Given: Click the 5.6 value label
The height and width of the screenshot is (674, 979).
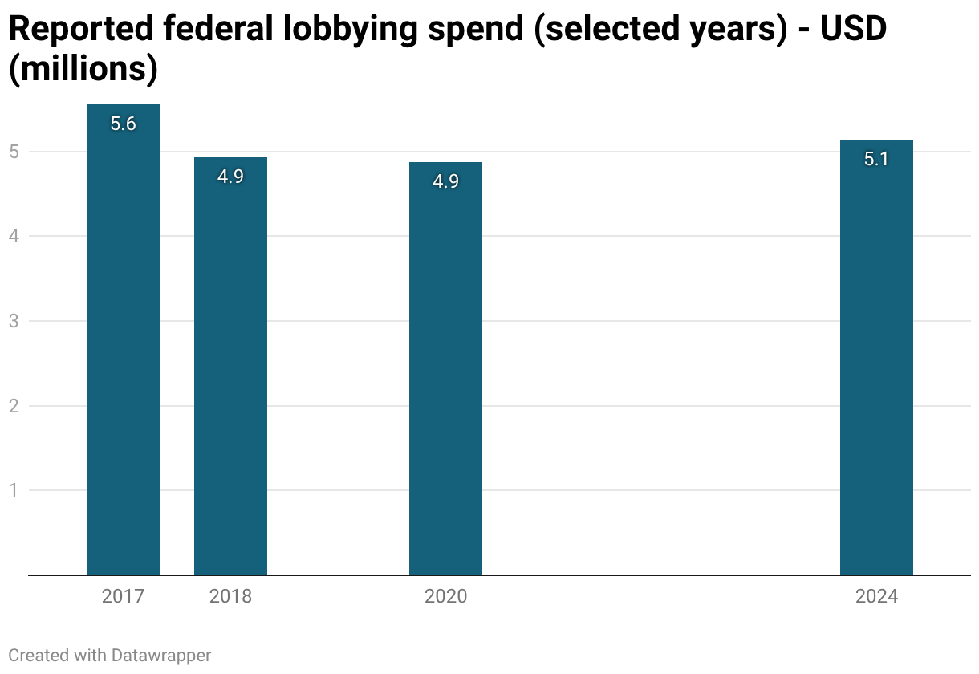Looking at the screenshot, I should (x=123, y=124).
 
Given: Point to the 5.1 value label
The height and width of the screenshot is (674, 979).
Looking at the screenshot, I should (x=876, y=159).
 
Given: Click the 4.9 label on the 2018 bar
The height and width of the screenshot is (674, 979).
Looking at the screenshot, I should (x=230, y=177).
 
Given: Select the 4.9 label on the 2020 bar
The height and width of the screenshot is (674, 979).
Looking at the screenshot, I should (x=445, y=181).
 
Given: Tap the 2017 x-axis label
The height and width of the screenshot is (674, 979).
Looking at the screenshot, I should (x=123, y=596).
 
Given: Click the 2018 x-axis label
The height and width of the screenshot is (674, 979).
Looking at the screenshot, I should (x=230, y=596).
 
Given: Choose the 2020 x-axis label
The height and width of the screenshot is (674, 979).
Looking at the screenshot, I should (x=445, y=596).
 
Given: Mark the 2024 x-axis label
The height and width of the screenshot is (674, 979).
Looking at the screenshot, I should (x=876, y=596).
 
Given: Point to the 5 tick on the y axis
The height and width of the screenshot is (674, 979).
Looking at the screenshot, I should (x=14, y=152).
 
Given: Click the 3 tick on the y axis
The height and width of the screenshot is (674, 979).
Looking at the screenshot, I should (x=14, y=321).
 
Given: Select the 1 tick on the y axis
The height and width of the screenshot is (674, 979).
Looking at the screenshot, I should (x=14, y=490).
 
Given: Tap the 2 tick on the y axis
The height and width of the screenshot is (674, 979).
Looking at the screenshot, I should (x=14, y=406).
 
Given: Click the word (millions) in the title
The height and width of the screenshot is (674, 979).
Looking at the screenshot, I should (x=83, y=70).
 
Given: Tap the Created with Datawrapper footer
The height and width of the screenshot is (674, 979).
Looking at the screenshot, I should (x=110, y=656).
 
